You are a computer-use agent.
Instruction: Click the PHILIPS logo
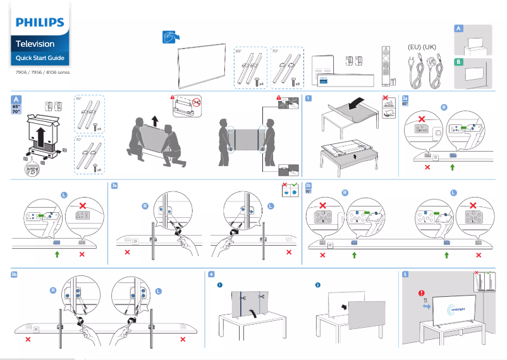(x=40, y=23)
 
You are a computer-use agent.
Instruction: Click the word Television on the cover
(x=35, y=44)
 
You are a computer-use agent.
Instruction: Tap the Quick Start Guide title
(x=39, y=59)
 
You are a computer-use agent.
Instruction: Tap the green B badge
(x=458, y=61)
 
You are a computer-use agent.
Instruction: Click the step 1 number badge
(x=307, y=98)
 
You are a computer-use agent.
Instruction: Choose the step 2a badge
(x=405, y=98)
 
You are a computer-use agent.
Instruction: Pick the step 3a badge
(x=114, y=186)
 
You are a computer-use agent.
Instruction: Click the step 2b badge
(x=308, y=186)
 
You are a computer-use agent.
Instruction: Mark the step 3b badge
(x=15, y=275)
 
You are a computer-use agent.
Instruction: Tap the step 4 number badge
(x=211, y=275)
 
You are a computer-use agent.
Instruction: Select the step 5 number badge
(x=405, y=275)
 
